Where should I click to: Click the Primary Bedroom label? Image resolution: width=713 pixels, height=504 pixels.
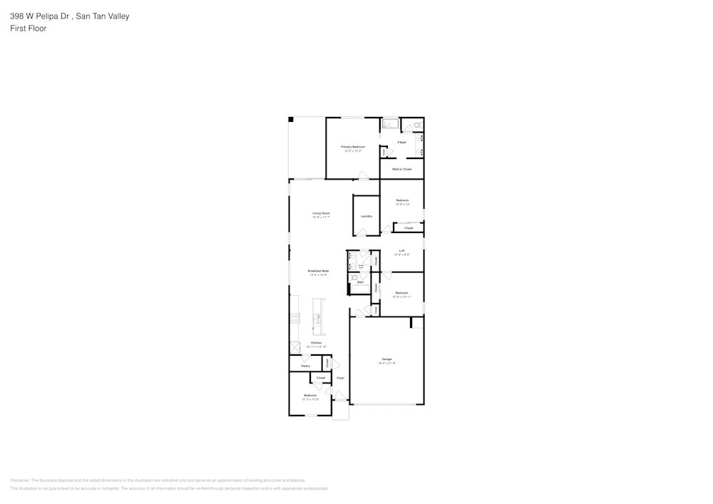click(353, 146)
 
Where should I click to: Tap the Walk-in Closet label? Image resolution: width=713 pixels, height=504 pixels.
click(401, 169)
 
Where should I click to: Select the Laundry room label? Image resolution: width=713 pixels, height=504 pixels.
click(366, 216)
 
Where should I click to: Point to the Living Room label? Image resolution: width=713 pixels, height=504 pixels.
click(321, 213)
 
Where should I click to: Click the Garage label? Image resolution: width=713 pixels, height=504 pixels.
click(386, 359)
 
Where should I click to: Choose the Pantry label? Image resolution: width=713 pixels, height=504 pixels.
click(305, 366)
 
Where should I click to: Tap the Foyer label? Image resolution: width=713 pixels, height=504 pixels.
click(340, 377)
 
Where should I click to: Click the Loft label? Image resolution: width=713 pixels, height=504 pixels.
click(402, 250)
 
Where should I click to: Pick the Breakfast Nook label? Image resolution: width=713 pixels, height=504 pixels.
click(318, 271)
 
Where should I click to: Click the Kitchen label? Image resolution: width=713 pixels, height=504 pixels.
click(316, 343)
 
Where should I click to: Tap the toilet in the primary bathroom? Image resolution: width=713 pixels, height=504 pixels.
click(418, 126)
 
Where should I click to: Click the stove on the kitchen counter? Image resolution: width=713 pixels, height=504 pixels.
click(294, 318)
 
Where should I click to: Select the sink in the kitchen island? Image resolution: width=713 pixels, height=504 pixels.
click(318, 318)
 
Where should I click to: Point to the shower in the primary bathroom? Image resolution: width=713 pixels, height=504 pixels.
click(390, 124)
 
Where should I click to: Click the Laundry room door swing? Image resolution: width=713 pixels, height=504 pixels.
click(362, 232)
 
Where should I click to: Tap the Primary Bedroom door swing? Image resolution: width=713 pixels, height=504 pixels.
click(363, 175)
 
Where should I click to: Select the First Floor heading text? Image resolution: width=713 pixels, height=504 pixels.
click(29, 29)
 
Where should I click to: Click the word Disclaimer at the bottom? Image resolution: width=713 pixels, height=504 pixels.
click(19, 480)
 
